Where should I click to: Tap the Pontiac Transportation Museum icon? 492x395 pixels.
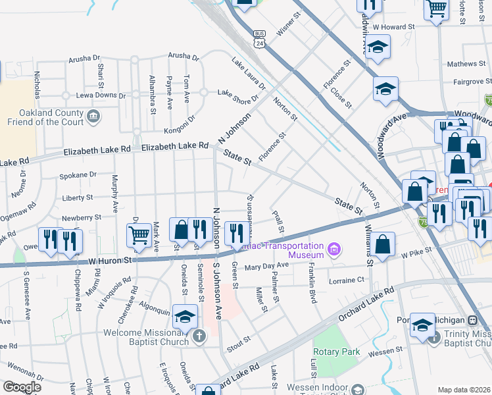(333, 249)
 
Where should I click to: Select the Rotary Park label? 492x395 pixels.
(337, 352)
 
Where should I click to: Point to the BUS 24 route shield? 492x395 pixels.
(260, 38)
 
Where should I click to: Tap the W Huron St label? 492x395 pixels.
(110, 260)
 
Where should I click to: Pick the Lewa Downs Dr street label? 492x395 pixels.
(100, 95)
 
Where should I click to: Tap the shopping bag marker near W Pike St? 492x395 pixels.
(383, 245)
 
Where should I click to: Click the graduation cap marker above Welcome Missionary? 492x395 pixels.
(185, 316)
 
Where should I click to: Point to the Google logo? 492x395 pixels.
(22, 387)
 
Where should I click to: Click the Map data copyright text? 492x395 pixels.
(464, 390)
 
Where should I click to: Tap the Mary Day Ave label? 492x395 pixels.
(266, 265)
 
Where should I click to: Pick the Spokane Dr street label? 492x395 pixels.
(78, 175)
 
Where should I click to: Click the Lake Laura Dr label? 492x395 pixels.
(249, 73)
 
